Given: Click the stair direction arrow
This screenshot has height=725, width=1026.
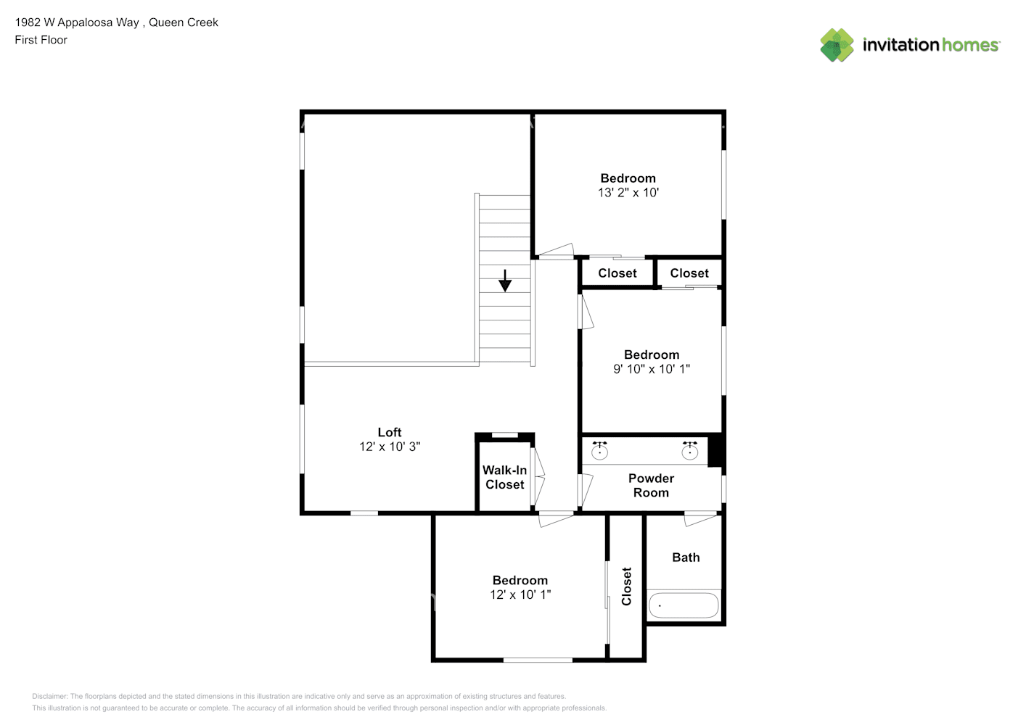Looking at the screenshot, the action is point(505,281).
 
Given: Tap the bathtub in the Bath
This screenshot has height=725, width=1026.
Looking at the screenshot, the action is point(684,605).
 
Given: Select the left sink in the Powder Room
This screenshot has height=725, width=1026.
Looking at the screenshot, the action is point(599,450).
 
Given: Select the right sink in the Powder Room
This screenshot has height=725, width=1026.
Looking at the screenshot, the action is point(690,450).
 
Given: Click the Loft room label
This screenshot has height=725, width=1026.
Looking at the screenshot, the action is point(390,432).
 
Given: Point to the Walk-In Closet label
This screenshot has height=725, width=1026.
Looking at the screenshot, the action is point(505,477).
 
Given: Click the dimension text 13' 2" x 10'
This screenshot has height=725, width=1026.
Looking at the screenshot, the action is point(628,193).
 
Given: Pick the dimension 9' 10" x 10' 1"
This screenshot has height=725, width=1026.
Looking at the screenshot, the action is point(652,369).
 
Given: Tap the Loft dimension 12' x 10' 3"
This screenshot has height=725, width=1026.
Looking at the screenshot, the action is point(390,447).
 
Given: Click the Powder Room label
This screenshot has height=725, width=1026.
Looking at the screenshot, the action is point(651,485).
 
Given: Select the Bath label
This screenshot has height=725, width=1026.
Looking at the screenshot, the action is point(686,558).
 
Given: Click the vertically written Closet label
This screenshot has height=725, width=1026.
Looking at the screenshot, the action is point(626,587).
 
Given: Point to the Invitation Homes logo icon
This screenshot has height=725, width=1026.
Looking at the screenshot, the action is point(837,45).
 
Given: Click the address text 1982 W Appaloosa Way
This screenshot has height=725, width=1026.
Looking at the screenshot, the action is point(77,22).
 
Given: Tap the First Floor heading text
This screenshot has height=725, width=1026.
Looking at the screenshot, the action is point(41,40).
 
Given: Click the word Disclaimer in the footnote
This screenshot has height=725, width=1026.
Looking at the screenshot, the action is point(49,696).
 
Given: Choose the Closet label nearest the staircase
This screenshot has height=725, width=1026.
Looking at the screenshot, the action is point(617,273).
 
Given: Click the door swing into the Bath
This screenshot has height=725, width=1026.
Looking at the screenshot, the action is point(700,520).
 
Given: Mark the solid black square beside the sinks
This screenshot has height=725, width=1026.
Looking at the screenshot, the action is point(714,452).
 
